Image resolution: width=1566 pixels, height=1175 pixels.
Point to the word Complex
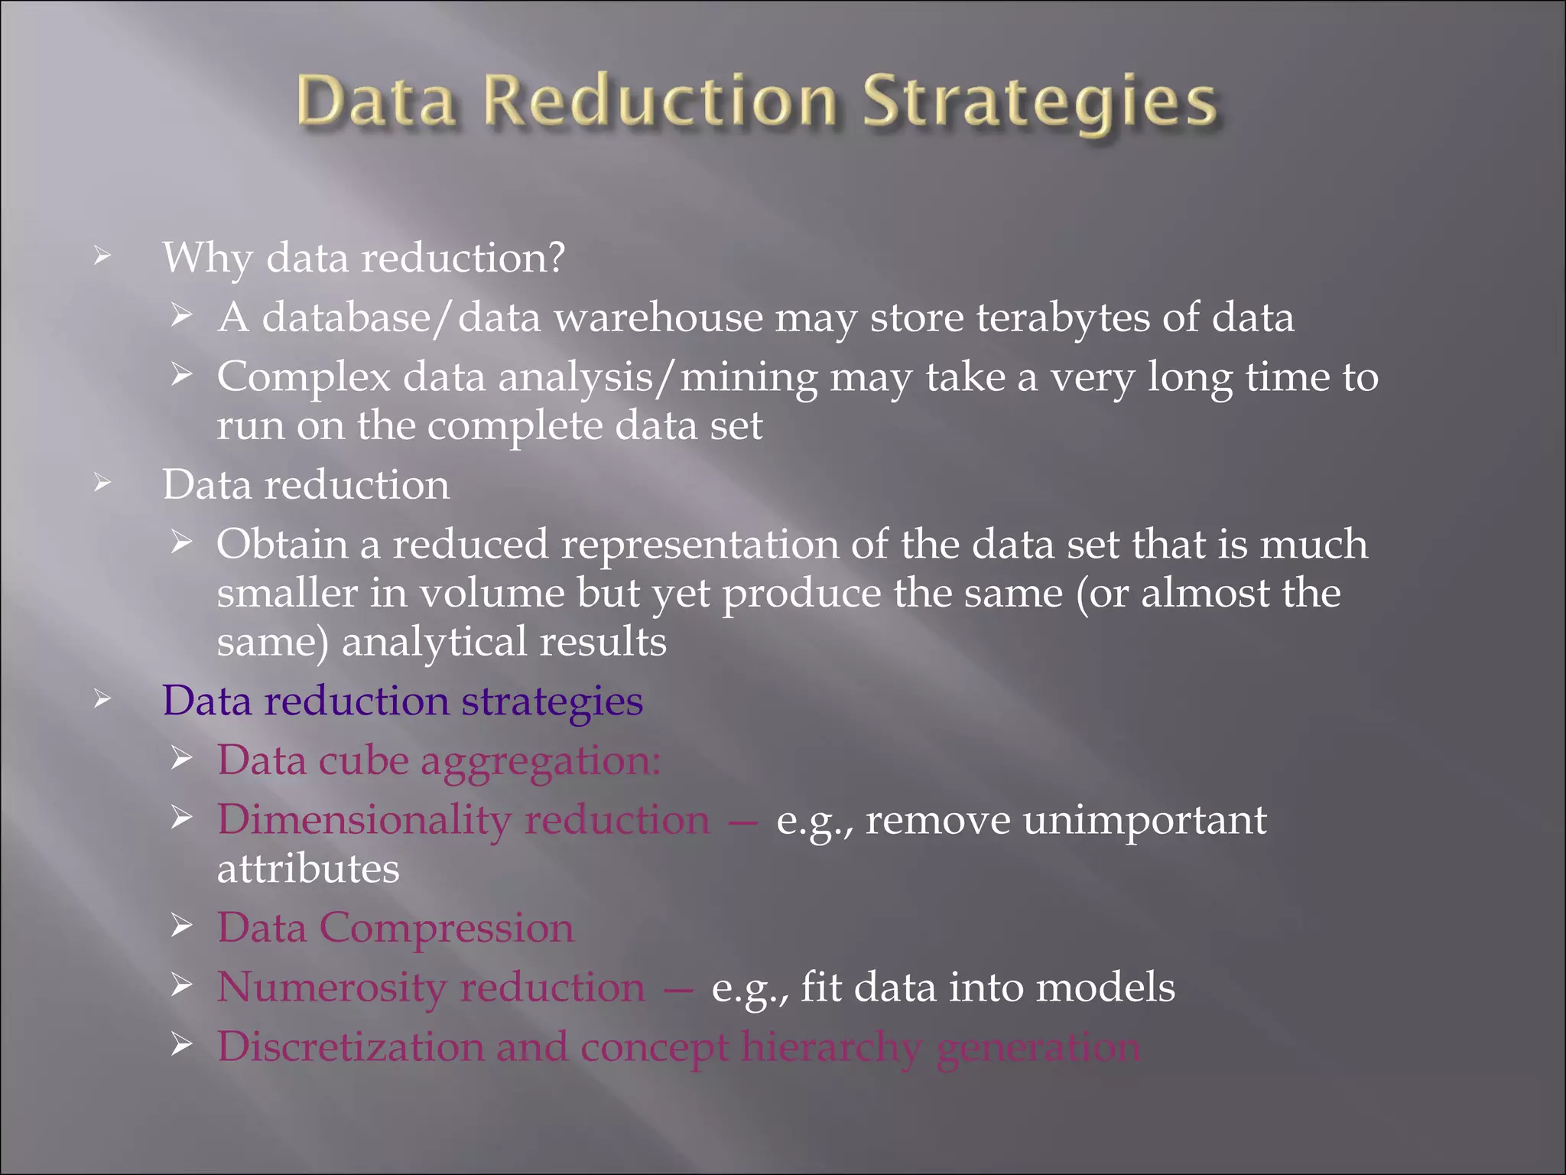click(x=304, y=378)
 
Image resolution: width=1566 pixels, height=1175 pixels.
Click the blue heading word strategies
click(x=551, y=701)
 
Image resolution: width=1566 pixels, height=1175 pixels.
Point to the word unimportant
click(x=1144, y=821)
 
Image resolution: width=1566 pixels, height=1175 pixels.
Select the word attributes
click(x=308, y=869)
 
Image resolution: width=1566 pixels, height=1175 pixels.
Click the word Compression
click(x=447, y=928)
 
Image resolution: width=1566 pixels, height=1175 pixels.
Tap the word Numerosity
click(x=332, y=988)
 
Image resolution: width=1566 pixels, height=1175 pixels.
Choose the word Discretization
click(x=350, y=1046)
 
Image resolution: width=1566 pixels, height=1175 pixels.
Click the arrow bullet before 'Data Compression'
click(x=181, y=926)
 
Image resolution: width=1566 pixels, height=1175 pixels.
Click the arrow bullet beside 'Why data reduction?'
click(x=102, y=256)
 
